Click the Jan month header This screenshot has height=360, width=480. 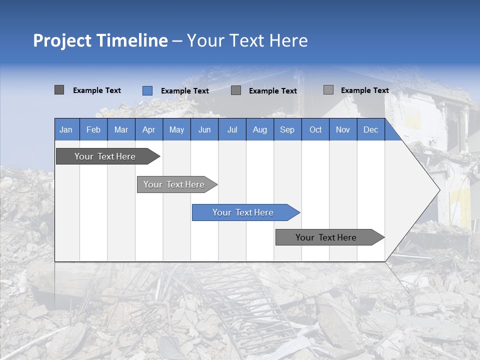point(66,129)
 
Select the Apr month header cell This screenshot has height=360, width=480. point(149,129)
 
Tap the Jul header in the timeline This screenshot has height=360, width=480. point(232,129)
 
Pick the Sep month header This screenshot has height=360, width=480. point(287,129)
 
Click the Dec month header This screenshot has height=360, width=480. point(370,129)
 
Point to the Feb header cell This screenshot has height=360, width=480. point(93,129)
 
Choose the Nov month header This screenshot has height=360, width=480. point(343,129)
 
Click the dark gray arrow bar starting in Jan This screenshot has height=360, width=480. point(105,156)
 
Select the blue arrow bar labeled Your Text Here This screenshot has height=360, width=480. point(243,212)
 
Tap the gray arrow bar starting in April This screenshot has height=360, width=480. point(174,184)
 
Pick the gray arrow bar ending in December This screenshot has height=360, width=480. point(326,237)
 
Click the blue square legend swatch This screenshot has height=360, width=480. point(147,90)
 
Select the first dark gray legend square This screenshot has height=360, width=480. point(59,90)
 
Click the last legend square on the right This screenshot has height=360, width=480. point(328,90)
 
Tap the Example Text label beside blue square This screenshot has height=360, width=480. point(184,91)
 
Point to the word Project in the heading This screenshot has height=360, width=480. point(61,40)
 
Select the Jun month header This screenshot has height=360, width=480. point(204,129)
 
